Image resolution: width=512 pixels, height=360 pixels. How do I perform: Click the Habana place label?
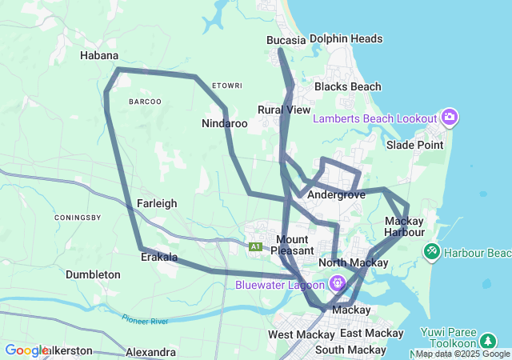pyautogui.click(x=99, y=56)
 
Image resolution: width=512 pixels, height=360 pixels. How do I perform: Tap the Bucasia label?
pyautogui.click(x=286, y=39)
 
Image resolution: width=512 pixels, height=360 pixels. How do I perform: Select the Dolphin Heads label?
pyautogui.click(x=346, y=38)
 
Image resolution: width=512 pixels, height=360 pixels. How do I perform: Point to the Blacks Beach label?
pyautogui.click(x=347, y=86)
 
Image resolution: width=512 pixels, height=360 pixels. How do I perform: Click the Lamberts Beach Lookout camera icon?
pyautogui.click(x=450, y=118)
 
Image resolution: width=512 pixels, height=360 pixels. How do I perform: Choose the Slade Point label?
pyautogui.click(x=414, y=145)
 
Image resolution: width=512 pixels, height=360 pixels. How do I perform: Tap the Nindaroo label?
pyautogui.click(x=225, y=124)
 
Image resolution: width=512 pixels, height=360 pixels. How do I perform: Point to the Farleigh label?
pyautogui.click(x=157, y=203)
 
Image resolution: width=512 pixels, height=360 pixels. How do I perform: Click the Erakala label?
pyautogui.click(x=158, y=258)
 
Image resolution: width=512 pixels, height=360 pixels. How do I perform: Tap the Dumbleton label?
pyautogui.click(x=93, y=274)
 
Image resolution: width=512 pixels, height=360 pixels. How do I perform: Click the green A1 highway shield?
pyautogui.click(x=256, y=246)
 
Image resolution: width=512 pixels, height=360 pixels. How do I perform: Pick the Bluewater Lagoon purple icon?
pyautogui.click(x=338, y=282)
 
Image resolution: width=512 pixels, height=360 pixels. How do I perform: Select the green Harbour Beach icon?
pyautogui.click(x=432, y=253)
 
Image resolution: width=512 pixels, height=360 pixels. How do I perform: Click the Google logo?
pyautogui.click(x=26, y=350)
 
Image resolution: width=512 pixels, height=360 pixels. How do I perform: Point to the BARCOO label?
pyautogui.click(x=145, y=102)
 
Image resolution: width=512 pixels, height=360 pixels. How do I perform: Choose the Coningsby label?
pyautogui.click(x=78, y=218)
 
